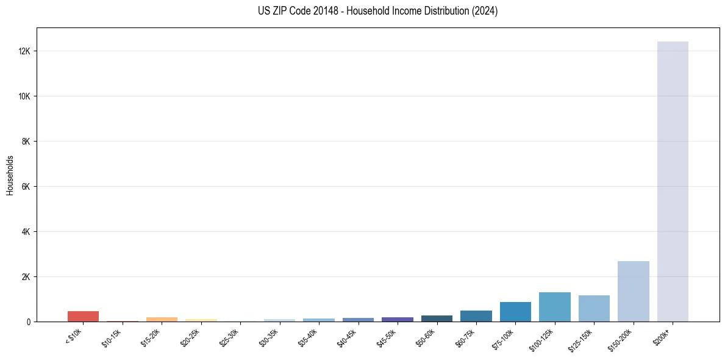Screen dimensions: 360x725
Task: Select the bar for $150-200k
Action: pyautogui.click(x=633, y=291)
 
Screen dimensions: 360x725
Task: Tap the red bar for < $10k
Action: pyautogui.click(x=83, y=316)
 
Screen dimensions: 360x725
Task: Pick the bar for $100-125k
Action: pyautogui.click(x=554, y=307)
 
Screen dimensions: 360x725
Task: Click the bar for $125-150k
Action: pyautogui.click(x=594, y=308)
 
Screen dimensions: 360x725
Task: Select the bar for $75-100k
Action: pyautogui.click(x=515, y=312)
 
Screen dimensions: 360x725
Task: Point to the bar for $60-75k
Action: pyautogui.click(x=476, y=316)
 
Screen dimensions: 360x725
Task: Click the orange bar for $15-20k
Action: pyautogui.click(x=162, y=319)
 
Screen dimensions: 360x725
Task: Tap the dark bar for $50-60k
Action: pyautogui.click(x=437, y=319)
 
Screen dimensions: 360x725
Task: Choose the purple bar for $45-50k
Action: pyautogui.click(x=398, y=319)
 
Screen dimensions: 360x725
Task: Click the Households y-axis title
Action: pyautogui.click(x=10, y=175)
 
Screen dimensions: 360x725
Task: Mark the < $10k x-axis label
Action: pyautogui.click(x=74, y=337)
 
